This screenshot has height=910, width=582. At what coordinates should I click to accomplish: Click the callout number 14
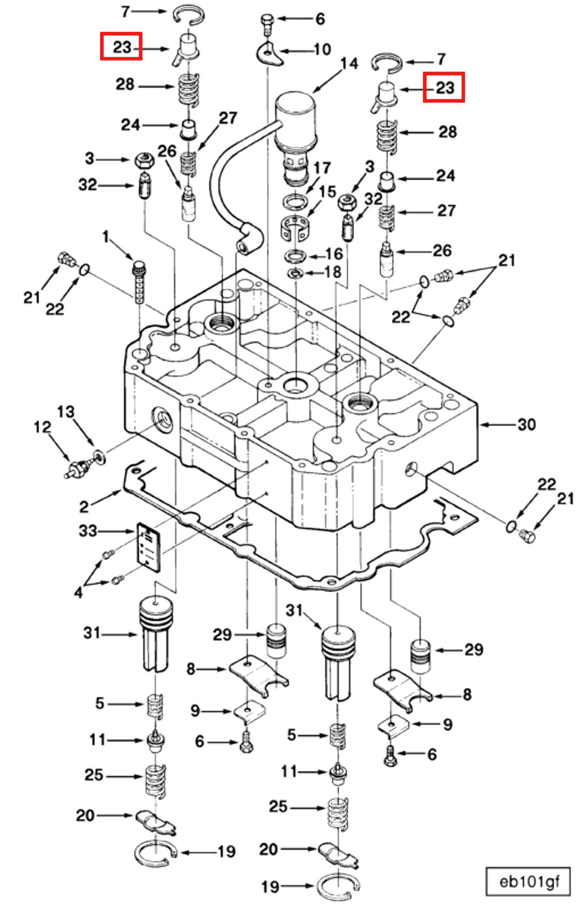[349, 64]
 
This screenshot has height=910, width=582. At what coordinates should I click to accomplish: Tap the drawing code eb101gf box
[528, 882]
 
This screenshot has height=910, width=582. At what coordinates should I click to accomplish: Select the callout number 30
[527, 425]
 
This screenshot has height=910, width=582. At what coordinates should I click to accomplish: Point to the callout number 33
[88, 531]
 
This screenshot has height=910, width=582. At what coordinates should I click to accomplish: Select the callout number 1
[106, 237]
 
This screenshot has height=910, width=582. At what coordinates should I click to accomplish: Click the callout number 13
[66, 412]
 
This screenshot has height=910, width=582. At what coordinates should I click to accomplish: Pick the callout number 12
[42, 427]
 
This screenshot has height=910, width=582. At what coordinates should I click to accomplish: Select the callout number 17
[321, 168]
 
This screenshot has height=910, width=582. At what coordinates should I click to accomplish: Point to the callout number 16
[334, 254]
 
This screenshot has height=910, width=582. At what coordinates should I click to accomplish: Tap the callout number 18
[333, 272]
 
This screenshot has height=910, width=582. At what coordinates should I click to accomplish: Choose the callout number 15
[327, 192]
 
